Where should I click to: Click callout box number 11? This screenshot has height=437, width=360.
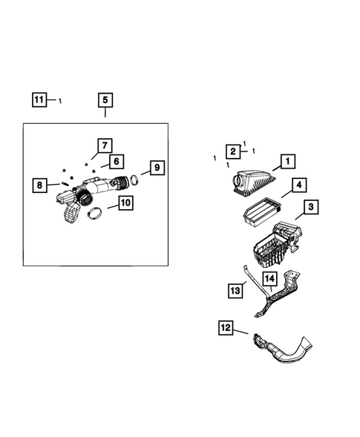39,99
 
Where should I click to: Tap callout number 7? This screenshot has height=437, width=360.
104,145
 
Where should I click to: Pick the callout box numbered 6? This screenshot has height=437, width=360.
115,161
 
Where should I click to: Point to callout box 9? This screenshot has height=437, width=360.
155,168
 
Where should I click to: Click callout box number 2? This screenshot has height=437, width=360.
232,151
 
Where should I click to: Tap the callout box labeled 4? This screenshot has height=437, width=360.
298,185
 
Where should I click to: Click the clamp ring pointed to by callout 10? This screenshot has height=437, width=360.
95,214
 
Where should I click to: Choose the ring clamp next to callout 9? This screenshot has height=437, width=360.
134,180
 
